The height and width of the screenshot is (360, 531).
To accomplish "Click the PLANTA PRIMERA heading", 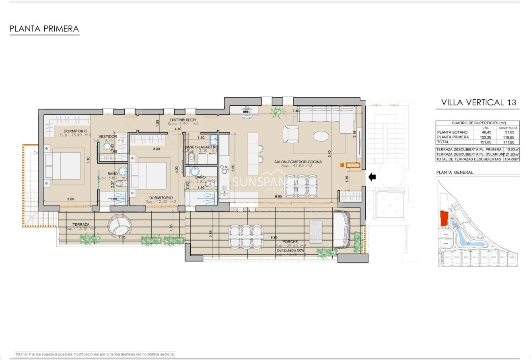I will click(44, 29).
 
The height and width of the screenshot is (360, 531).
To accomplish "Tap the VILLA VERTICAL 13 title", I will click(478, 102).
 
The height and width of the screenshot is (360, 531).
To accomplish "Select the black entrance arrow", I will click(372, 176).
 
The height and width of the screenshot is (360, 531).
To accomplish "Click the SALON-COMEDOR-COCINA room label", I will click(298, 162).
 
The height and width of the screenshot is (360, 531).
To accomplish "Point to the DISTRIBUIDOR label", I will click(183, 120).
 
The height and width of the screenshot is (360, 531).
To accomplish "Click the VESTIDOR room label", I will click(108, 137).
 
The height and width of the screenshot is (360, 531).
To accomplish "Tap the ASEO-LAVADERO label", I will click(202, 147).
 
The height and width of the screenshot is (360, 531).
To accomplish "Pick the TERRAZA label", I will click(81, 224).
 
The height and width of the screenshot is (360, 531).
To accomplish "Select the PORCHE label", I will click(290, 241).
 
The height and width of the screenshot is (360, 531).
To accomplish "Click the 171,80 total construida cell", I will click(508, 142).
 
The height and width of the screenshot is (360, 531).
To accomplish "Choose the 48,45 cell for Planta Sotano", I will click(486, 132).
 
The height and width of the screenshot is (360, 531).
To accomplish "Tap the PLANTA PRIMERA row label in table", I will click(453, 137).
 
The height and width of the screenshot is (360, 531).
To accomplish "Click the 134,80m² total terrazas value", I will click(511, 159).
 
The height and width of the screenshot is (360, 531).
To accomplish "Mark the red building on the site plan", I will click(444, 218).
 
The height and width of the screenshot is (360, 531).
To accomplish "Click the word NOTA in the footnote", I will click(21, 354).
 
